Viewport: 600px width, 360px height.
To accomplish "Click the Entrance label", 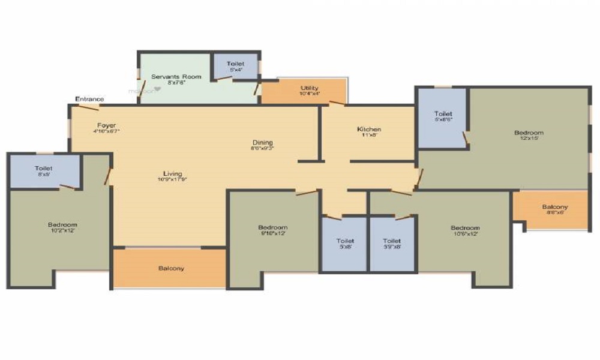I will click(x=89, y=99).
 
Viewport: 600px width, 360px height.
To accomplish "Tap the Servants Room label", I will click(x=176, y=77).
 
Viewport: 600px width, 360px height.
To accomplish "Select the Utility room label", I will click(x=310, y=88).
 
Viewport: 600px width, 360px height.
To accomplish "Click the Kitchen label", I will click(x=369, y=130).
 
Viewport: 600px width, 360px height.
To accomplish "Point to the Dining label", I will click(x=263, y=142).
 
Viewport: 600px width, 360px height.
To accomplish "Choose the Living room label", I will click(x=172, y=173).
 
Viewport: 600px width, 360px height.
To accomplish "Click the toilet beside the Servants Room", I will click(x=235, y=67).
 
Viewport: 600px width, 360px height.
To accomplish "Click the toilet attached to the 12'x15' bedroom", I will click(x=443, y=117).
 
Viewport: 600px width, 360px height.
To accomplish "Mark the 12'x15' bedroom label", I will click(x=529, y=133).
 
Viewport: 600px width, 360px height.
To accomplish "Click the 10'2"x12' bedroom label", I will click(x=63, y=225).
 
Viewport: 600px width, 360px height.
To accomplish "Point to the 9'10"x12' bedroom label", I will click(x=273, y=227).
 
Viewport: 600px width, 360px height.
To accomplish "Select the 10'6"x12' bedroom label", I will click(x=466, y=228).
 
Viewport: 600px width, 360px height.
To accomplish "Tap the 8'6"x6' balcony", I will click(x=556, y=209).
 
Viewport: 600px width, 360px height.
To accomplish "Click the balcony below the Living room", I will click(x=172, y=268).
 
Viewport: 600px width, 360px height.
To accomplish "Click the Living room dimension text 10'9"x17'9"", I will click(x=172, y=179).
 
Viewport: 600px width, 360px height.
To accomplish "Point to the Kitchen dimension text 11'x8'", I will click(x=369, y=136).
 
